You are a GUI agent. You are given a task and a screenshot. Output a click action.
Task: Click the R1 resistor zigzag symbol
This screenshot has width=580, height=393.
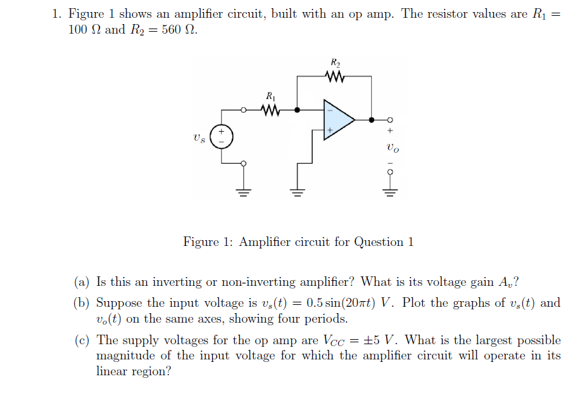[x=270, y=110]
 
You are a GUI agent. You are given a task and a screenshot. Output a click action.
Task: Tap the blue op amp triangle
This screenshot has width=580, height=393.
[x=337, y=119]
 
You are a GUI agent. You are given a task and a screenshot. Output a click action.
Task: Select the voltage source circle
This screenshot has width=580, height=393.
[x=222, y=137]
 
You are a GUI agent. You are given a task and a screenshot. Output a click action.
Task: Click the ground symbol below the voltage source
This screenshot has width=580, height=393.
[x=243, y=190]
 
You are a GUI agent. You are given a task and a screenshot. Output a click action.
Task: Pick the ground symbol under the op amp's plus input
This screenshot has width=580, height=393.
[x=296, y=190]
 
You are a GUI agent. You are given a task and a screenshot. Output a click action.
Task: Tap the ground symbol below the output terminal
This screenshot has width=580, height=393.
[x=390, y=190]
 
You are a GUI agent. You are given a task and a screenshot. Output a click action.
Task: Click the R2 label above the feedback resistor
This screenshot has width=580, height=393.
[x=336, y=63]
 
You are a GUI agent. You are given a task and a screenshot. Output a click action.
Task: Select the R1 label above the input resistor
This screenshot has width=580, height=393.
[x=270, y=96]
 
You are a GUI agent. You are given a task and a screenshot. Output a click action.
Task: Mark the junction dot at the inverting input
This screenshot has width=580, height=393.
[x=297, y=110]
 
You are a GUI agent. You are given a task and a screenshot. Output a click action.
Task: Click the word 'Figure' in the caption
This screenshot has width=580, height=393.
[x=202, y=242]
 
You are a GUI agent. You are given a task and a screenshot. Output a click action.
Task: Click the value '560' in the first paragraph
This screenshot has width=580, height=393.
[x=173, y=30]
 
